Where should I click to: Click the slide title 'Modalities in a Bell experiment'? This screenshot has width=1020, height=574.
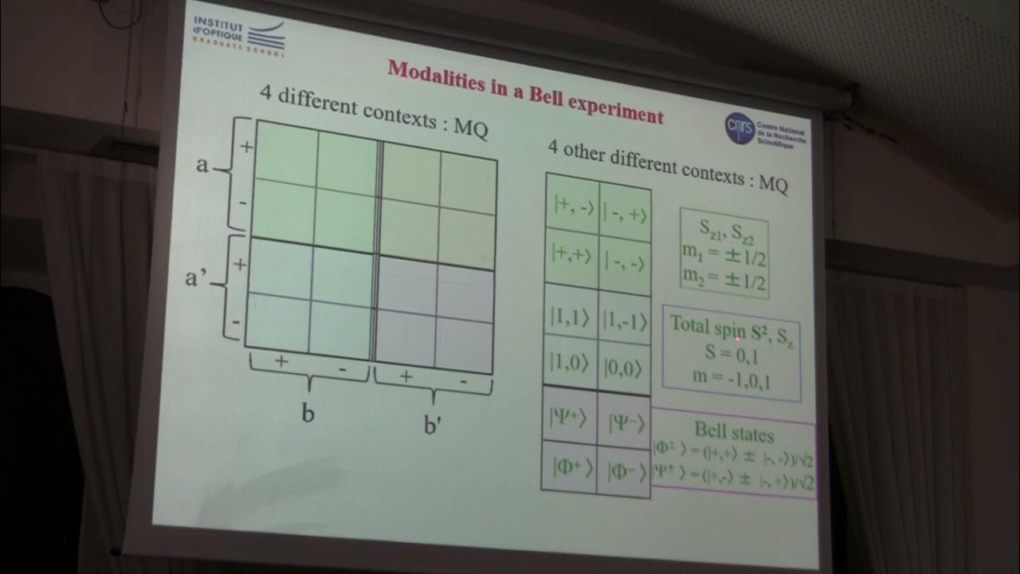525,91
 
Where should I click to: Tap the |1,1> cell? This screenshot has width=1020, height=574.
570,309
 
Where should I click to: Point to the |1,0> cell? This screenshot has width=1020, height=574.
569,360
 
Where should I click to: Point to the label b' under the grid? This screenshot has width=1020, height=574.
433,425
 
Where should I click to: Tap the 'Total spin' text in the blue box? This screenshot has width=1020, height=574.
707,324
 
